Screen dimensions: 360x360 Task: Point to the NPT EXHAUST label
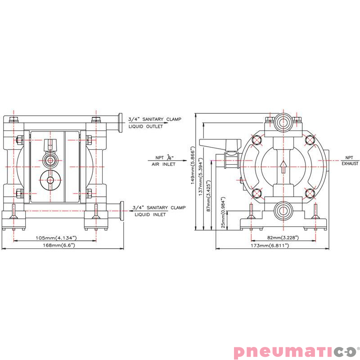349,161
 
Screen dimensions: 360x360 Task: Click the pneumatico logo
297,351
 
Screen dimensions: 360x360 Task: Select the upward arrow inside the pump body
283,167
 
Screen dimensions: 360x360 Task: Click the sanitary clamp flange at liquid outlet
121,122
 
